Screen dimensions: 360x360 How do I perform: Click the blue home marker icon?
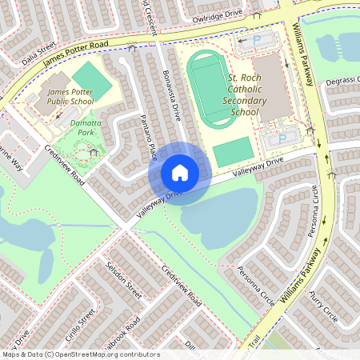tap(180, 172)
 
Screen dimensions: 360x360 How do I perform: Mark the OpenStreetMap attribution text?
tap(80, 354)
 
